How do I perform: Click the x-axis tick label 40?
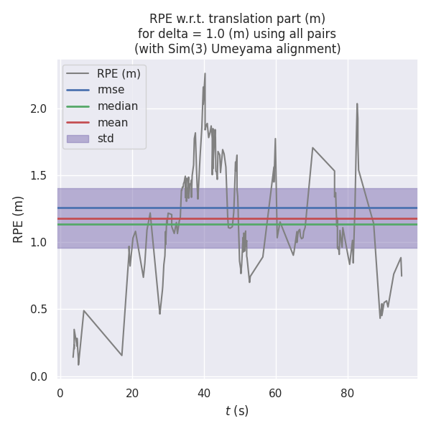pyautogui.click(x=204, y=393)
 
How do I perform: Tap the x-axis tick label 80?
pyautogui.click(x=348, y=393)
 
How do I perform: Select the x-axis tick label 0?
pyautogui.click(x=60, y=393)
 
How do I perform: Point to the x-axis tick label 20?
pyautogui.click(x=132, y=393)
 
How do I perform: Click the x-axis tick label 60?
pyautogui.click(x=276, y=393)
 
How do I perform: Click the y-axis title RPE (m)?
pyautogui.click(x=19, y=219)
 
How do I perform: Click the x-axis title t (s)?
pyautogui.click(x=237, y=411)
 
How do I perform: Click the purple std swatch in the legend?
pyautogui.click(x=78, y=139)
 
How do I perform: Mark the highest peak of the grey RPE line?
pyautogui.click(x=205, y=73)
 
